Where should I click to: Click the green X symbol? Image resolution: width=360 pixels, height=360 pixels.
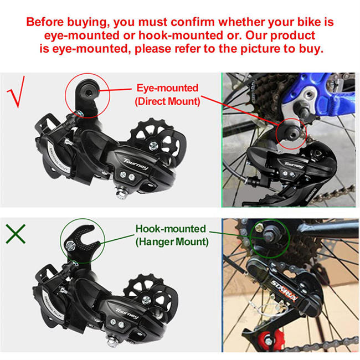click(x=17, y=234)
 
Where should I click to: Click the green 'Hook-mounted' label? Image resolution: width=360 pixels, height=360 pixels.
click(x=170, y=228)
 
